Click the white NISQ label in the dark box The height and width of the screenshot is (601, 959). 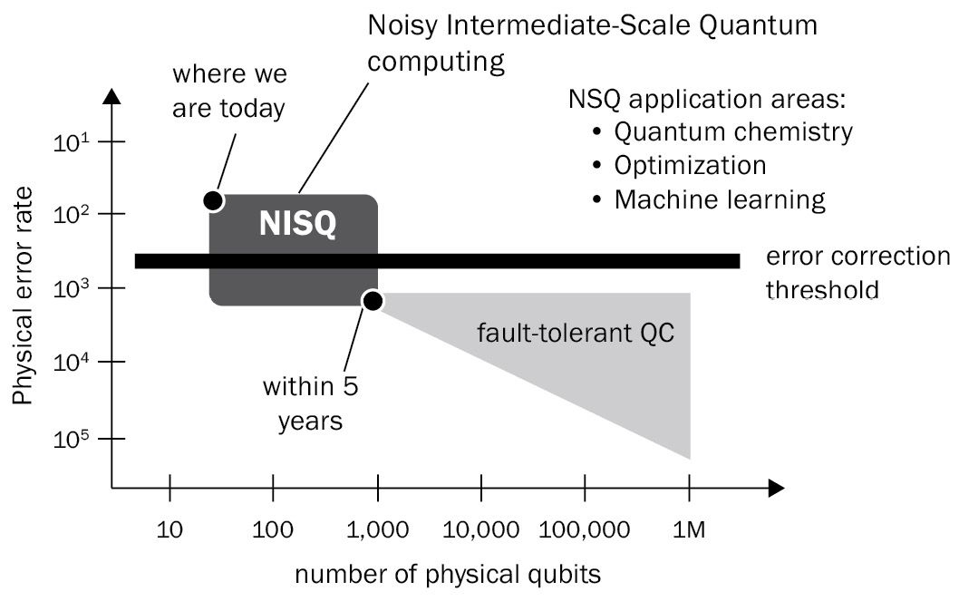(297, 223)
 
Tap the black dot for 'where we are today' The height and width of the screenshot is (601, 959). (213, 200)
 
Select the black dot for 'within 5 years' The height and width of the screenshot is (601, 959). (373, 301)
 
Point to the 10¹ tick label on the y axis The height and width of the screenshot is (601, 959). (72, 143)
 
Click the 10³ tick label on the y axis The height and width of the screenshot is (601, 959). (72, 288)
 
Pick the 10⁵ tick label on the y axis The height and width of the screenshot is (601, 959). (72, 439)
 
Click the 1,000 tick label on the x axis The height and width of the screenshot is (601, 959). (377, 529)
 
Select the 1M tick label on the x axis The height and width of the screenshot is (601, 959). (689, 529)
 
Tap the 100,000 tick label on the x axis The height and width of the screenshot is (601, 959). (584, 529)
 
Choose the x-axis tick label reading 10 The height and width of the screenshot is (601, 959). (170, 529)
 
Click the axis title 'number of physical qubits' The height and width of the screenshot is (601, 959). (448, 575)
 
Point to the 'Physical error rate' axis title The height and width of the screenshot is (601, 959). (22, 296)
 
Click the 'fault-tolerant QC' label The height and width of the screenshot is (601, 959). (576, 334)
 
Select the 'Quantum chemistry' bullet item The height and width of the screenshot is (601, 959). (733, 132)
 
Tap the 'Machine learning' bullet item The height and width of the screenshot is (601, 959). (720, 200)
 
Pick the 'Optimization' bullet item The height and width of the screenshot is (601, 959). (690, 166)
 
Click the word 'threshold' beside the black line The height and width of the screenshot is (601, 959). (822, 289)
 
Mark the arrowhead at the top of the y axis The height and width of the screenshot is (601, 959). (111, 96)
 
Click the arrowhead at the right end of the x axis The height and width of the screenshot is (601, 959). (776, 488)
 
